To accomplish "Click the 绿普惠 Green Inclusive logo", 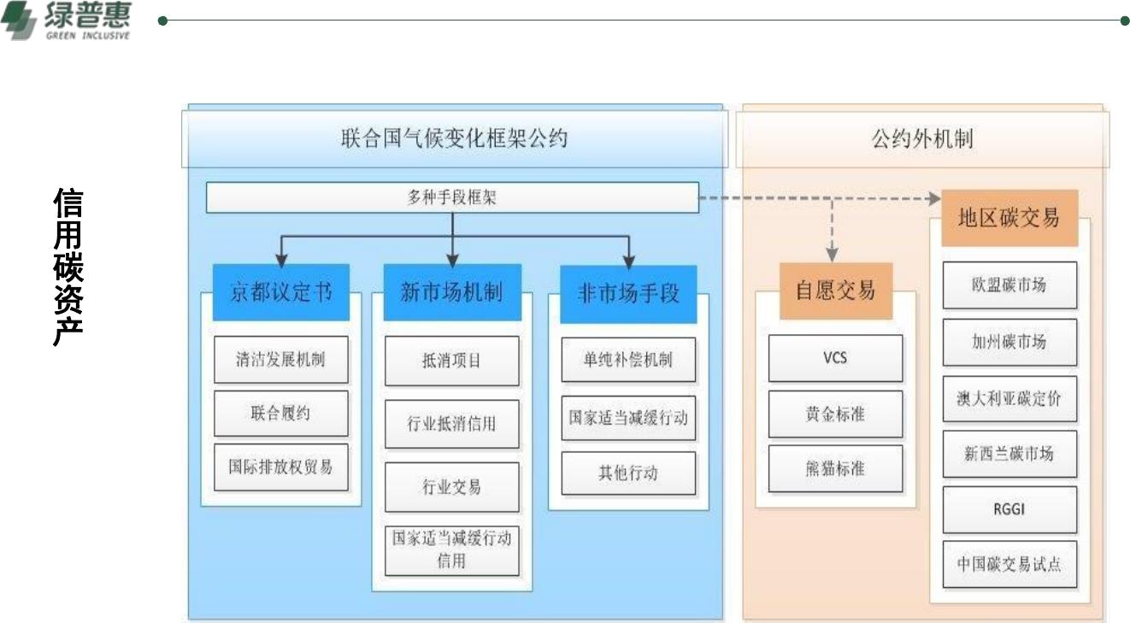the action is coord(66,21).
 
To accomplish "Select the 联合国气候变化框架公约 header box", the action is coord(455,138).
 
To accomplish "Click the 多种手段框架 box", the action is coord(452,197).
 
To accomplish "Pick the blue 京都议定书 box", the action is coord(281,292).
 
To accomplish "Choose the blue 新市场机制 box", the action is coord(452,292).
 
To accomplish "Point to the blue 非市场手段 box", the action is coord(628,294).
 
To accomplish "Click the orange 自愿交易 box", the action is coord(836,291).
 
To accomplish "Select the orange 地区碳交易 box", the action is coord(1009,218).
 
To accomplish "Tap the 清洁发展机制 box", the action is coord(281,360).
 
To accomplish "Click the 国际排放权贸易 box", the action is coord(281,467).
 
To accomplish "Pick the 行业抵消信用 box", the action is coord(452,424).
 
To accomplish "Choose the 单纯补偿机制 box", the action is coord(628,360).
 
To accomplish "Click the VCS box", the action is coord(835,358).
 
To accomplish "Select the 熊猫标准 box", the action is coord(835,468).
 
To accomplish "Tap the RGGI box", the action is coord(1010,509).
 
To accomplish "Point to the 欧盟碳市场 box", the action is coord(1010,285).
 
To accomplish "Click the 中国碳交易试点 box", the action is coord(1010,565).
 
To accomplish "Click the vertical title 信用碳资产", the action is coord(68,267).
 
